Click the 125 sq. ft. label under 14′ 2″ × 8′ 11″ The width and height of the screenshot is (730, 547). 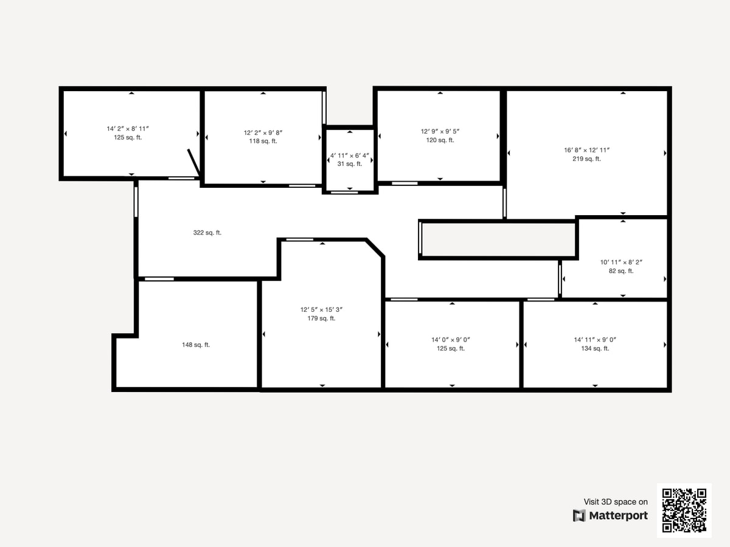pyautogui.click(x=128, y=137)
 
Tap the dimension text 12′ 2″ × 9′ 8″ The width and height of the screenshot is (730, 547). pyautogui.click(x=263, y=132)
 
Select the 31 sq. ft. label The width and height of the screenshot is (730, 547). pyautogui.click(x=350, y=163)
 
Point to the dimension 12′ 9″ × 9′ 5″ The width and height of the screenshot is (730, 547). pyautogui.click(x=440, y=131)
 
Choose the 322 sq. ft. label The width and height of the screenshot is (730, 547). pyautogui.click(x=207, y=233)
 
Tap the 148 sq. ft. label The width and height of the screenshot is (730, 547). pyautogui.click(x=196, y=345)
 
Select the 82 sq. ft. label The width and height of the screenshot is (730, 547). pyautogui.click(x=621, y=271)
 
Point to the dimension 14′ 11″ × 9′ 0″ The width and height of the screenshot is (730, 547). pyautogui.click(x=595, y=340)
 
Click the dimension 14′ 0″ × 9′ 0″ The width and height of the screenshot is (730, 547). pyautogui.click(x=451, y=340)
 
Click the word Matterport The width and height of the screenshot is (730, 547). pyautogui.click(x=618, y=516)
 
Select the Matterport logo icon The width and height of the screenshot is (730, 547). pyautogui.click(x=579, y=516)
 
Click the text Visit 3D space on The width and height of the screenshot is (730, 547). pyautogui.click(x=616, y=502)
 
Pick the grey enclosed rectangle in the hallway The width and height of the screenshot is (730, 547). pyautogui.click(x=498, y=240)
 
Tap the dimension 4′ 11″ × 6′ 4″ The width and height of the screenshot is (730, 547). pyautogui.click(x=350, y=155)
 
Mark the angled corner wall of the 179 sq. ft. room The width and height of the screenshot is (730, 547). pyautogui.click(x=375, y=248)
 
